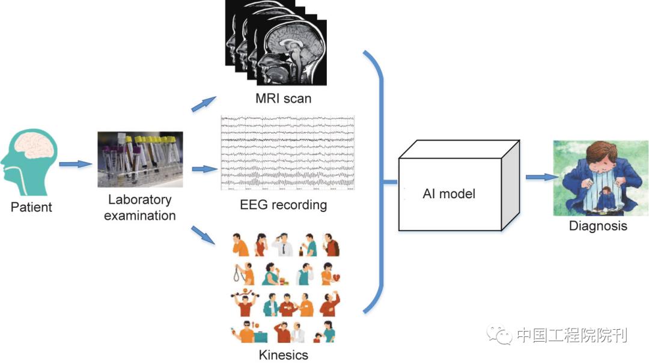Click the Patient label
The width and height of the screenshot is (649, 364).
[31, 207]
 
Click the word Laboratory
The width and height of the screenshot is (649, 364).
[139, 200]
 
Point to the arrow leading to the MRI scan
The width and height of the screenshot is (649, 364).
[204, 104]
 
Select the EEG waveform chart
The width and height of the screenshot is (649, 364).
[288, 152]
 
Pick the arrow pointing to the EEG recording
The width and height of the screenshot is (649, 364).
[204, 169]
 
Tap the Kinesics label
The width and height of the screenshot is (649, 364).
[284, 354]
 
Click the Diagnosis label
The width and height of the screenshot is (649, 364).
[598, 226]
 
